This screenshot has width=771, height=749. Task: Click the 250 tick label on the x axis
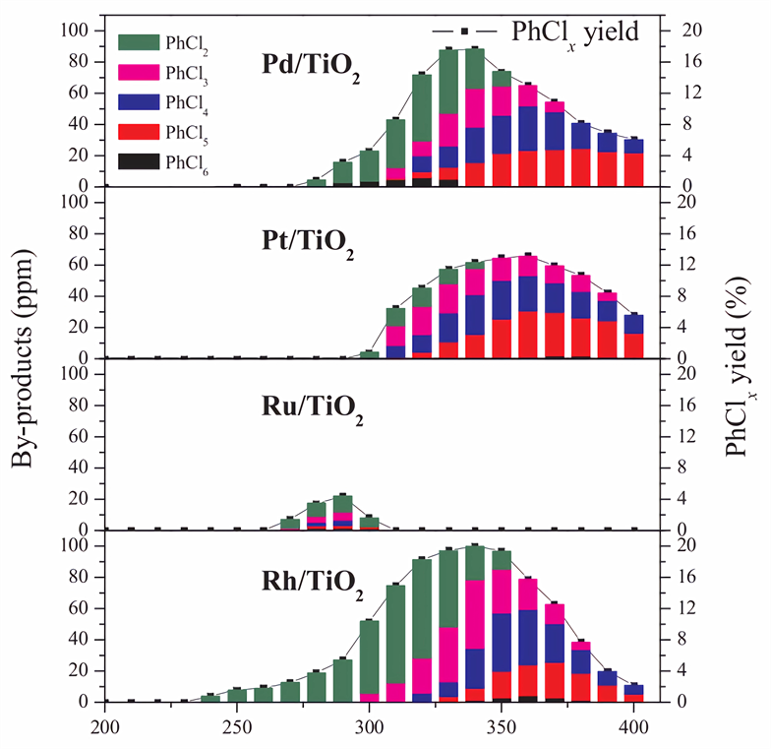tap(236, 727)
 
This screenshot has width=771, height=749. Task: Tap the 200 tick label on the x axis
tap(103, 727)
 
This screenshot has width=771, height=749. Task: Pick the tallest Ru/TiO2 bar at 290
tap(342, 512)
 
